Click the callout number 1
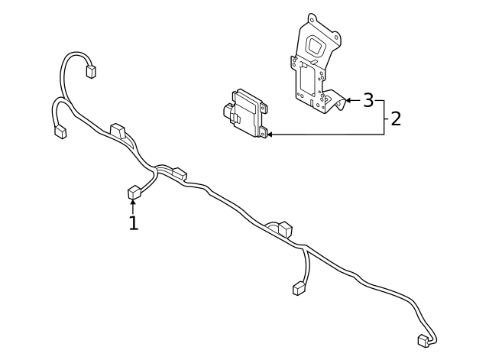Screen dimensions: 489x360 tap(134, 222)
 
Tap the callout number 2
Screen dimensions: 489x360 tap(396, 119)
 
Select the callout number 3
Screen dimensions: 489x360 tap(368, 100)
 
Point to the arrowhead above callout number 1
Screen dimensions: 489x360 tap(133, 202)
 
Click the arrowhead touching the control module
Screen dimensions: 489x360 tap(270, 135)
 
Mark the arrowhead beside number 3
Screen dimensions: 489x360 tap(348, 100)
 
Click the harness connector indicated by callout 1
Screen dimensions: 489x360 tap(134, 192)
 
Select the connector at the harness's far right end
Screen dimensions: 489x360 tap(423, 341)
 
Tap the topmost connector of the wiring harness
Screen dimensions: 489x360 tap(91, 71)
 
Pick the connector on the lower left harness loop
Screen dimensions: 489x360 tap(60, 132)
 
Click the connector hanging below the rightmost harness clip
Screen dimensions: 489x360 tap(299, 288)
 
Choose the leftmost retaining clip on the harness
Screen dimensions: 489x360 tap(118, 131)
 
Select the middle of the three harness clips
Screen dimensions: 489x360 tap(180, 174)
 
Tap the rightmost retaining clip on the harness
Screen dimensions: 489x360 tap(284, 229)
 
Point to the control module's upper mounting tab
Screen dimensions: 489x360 tap(264, 108)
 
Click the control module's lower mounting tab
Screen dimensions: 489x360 tap(263, 132)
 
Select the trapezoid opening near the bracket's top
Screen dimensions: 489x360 tap(316, 46)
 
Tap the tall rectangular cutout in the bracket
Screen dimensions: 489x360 tap(307, 79)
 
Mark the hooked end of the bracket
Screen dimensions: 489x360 tap(338, 100)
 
